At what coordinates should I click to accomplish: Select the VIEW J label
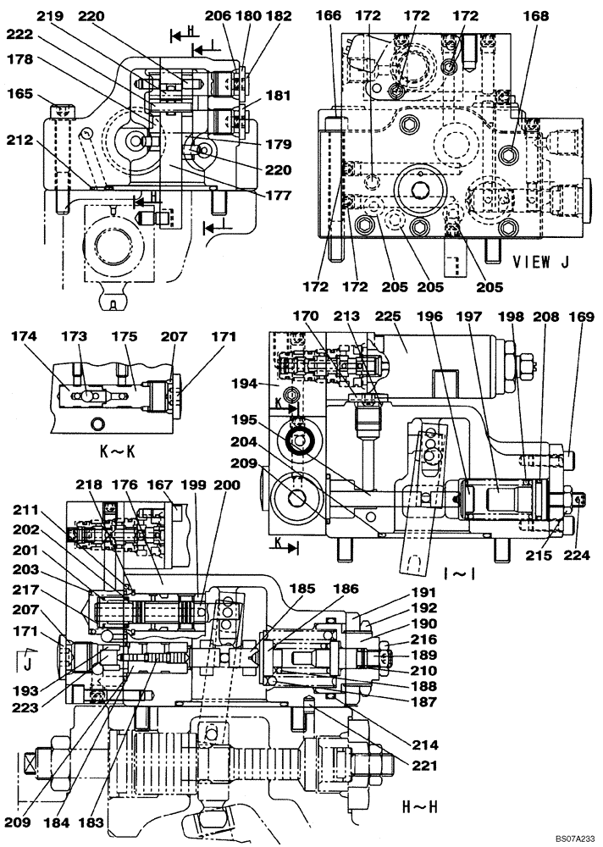[539, 263]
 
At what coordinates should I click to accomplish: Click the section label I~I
[458, 573]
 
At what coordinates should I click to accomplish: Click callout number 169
[577, 318]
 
